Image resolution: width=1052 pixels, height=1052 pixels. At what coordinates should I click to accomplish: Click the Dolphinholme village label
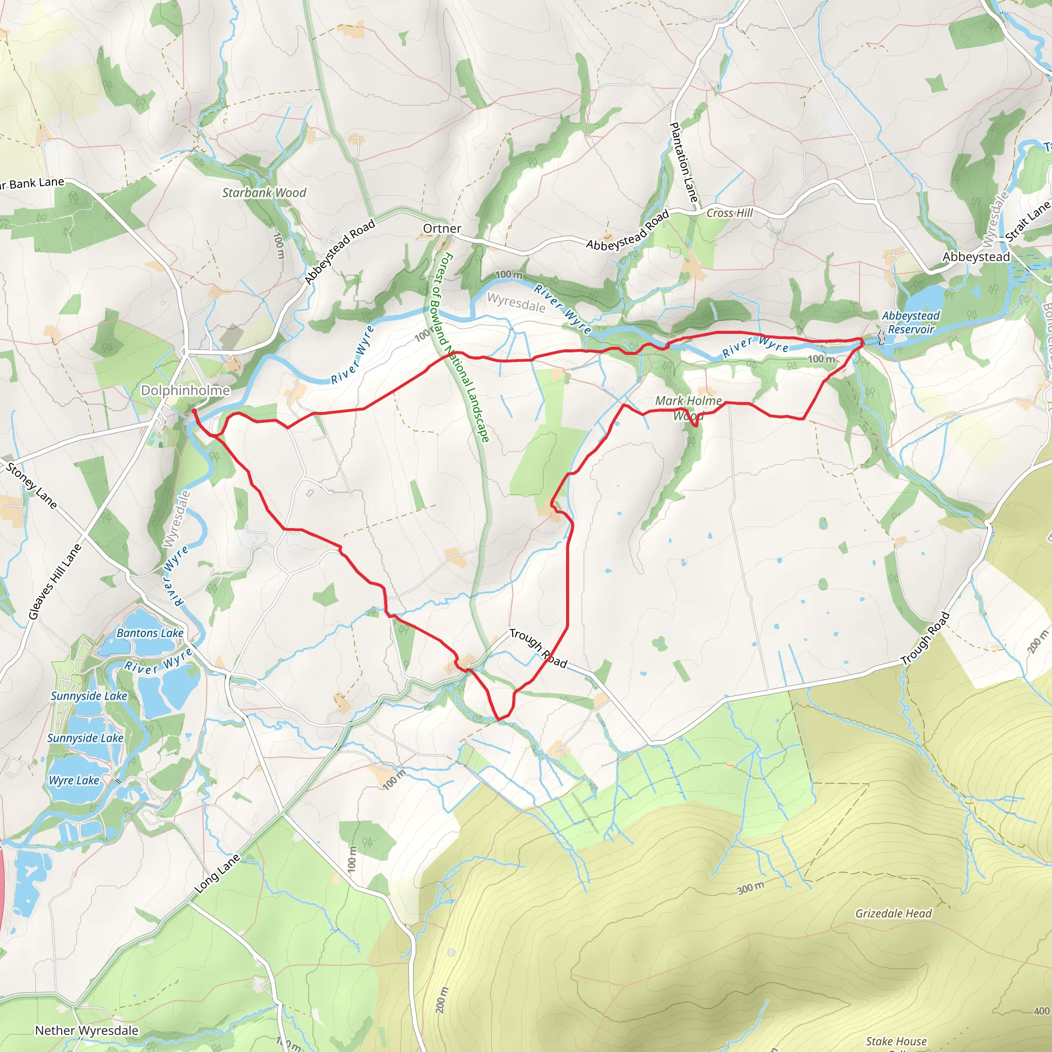pos(185,390)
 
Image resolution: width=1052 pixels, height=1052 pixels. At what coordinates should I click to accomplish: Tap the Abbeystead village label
pos(976,256)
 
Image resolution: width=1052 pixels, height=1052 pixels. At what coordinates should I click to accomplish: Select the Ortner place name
pos(442,229)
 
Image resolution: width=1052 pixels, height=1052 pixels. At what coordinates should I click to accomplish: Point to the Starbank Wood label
pos(264,193)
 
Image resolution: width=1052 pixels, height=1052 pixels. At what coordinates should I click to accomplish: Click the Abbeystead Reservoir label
pos(910,323)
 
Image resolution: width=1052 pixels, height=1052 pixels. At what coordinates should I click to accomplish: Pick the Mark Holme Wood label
pos(688,408)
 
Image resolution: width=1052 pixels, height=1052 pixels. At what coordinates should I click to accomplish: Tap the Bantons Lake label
pos(150,633)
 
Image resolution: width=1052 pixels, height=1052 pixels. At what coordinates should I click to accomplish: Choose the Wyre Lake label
pos(74,780)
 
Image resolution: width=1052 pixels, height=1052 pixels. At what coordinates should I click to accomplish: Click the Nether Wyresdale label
pos(87,1031)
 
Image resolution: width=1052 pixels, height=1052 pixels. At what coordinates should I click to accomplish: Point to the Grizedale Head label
pos(894,914)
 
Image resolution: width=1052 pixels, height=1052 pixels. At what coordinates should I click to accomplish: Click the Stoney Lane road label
pos(31,485)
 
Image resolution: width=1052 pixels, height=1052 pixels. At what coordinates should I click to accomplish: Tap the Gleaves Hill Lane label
pos(55,581)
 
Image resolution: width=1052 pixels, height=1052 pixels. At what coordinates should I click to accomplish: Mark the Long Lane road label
pos(217,874)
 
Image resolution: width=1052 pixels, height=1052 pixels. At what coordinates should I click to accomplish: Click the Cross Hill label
pos(729,213)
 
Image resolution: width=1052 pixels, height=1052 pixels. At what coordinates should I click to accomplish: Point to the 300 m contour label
pos(750,888)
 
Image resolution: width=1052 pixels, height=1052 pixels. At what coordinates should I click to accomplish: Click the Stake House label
pos(896,1041)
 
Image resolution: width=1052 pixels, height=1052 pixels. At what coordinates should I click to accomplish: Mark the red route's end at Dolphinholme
pos(194,410)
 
